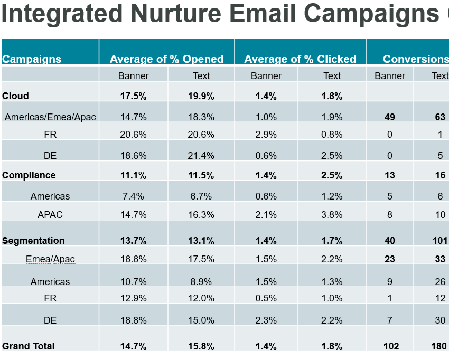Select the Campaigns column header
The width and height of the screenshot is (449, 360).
click(32, 59)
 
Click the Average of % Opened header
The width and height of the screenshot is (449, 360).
click(166, 59)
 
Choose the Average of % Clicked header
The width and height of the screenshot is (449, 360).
click(300, 59)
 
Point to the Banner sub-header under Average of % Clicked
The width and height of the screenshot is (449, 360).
click(266, 76)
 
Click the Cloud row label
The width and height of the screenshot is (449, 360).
click(15, 96)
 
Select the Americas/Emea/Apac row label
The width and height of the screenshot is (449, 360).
click(50, 117)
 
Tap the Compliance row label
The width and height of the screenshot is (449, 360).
click(29, 175)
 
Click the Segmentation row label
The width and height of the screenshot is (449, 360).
click(33, 241)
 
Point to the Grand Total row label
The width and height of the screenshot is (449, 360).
click(29, 346)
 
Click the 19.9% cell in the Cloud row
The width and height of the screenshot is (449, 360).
click(201, 96)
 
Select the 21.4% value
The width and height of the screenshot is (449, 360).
click(201, 156)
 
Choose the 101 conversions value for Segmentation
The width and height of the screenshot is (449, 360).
click(439, 241)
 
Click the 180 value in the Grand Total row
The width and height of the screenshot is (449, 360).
click(439, 346)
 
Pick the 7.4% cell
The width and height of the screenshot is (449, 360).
click(133, 196)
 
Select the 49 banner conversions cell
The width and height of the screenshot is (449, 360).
click(390, 117)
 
